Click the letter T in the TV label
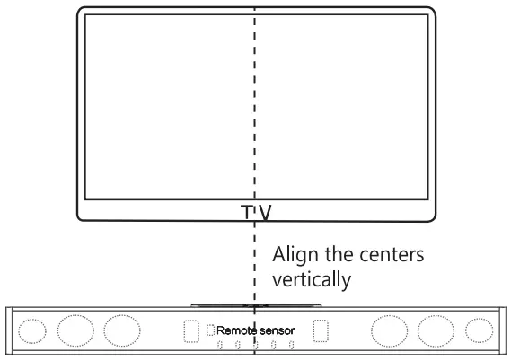(247, 212)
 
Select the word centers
(392, 255)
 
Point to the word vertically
(312, 279)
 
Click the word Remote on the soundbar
(234, 330)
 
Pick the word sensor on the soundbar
(275, 330)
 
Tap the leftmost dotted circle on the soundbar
(32, 331)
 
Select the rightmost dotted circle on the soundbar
(479, 330)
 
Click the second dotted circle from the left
(75, 330)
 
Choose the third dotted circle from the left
(122, 330)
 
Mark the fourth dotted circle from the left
(389, 331)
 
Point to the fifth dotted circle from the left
(436, 331)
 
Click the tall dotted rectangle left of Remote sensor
(191, 331)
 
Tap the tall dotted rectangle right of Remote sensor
(321, 330)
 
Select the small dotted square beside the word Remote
(210, 330)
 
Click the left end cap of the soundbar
(9, 330)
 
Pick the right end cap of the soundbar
(503, 330)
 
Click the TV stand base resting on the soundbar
(255, 305)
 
